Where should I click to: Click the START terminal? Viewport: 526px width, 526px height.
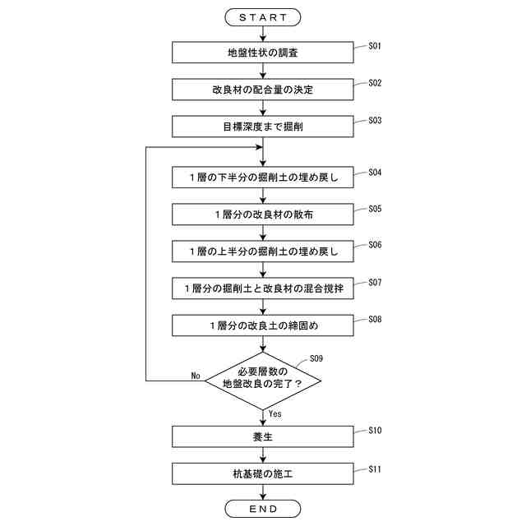[x=263, y=16]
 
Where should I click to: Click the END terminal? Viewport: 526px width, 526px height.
[x=263, y=509]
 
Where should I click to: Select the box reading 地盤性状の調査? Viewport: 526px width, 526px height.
[x=263, y=53]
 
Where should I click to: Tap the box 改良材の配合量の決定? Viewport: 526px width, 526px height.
[x=263, y=89]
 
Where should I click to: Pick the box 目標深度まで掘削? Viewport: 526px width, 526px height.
[x=263, y=126]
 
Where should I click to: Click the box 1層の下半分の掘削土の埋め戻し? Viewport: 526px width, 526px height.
[x=263, y=178]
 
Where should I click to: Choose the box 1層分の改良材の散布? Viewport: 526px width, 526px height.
[x=263, y=214]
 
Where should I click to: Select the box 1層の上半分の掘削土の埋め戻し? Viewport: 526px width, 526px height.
[x=263, y=250]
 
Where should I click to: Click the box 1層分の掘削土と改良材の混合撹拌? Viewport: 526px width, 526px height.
[x=263, y=288]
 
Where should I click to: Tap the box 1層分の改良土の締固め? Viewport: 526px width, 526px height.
[x=263, y=325]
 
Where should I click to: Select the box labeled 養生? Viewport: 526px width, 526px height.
[x=263, y=436]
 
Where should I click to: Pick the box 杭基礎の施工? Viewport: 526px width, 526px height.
[x=263, y=473]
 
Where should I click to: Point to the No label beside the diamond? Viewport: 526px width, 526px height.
[x=196, y=376]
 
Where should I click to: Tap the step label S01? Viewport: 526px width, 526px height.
[x=375, y=46]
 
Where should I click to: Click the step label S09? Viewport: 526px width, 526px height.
[x=316, y=358]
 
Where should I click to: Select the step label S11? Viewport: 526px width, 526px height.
[x=375, y=468]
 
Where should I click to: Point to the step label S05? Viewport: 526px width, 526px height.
[x=375, y=209]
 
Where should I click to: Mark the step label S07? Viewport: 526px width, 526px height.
[x=375, y=282]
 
